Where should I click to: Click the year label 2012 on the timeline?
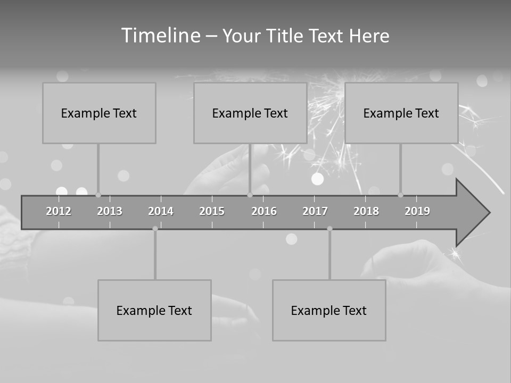[59, 211]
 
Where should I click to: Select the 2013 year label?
[110, 211]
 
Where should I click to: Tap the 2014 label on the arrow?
[161, 211]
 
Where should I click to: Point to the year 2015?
[212, 211]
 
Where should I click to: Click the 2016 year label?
[264, 211]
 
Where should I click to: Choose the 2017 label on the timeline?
[315, 211]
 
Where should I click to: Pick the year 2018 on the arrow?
[366, 211]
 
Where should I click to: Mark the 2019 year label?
[417, 211]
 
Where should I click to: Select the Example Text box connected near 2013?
[99, 113]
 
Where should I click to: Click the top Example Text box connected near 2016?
[250, 113]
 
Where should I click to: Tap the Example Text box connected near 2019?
[401, 113]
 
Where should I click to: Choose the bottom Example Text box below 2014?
[154, 310]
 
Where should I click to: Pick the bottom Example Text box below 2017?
[329, 310]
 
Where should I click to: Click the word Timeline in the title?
[160, 36]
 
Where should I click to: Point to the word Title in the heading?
[285, 36]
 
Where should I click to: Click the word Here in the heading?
[369, 36]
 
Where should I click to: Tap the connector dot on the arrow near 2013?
[98, 195]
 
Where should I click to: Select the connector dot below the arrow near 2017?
[329, 229]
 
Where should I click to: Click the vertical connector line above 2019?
[400, 168]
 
